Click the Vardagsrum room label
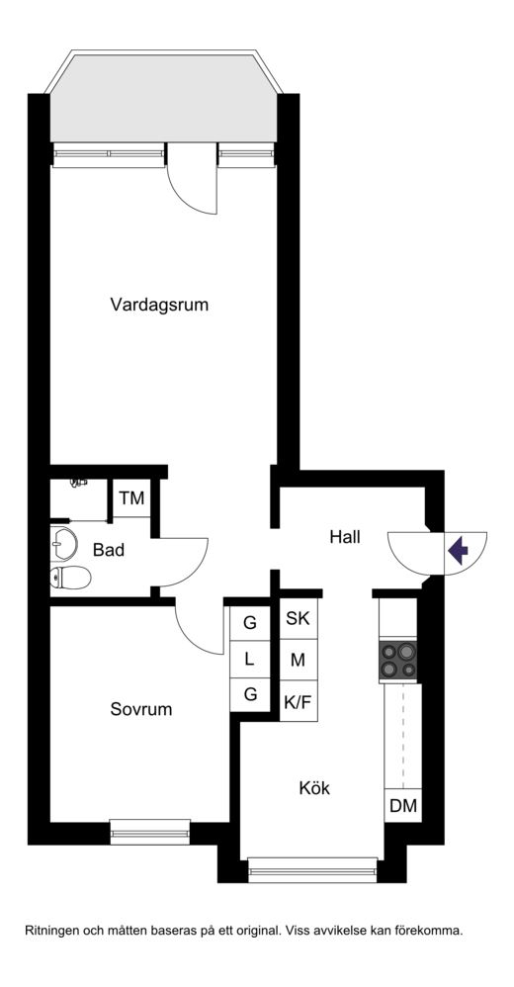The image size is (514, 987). tap(159, 306)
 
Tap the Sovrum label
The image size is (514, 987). tap(141, 709)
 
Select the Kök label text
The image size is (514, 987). tap(314, 788)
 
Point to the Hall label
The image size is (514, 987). tap(345, 538)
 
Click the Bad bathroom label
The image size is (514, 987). tap(108, 550)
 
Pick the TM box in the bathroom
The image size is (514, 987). tap(132, 498)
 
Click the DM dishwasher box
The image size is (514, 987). tap(403, 805)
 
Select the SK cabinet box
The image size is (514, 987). tap(299, 619)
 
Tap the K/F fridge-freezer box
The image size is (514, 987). tap(299, 702)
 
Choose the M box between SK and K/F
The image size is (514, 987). tap(299, 661)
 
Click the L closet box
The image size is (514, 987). tap(250, 660)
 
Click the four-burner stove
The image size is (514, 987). tap(398, 661)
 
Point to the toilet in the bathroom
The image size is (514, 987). tap(70, 577)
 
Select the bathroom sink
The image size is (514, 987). tap(63, 543)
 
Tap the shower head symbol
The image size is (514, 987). tap(79, 483)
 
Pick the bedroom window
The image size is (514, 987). tap(149, 832)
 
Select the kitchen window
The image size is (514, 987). tap(312, 870)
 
